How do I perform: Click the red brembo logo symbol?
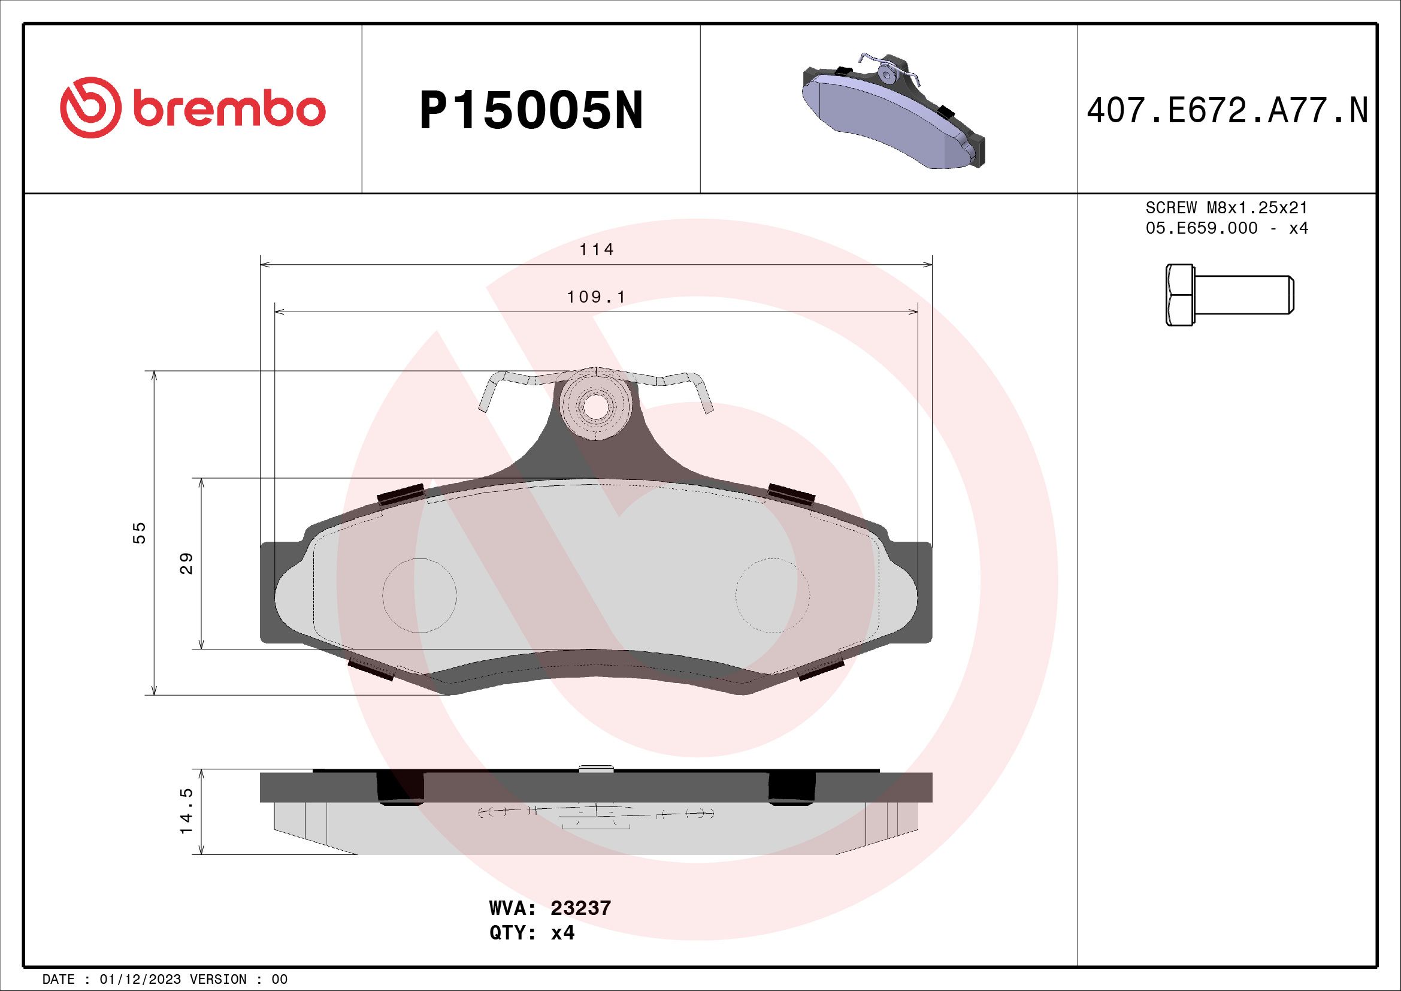[x=88, y=107]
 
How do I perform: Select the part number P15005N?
[x=531, y=111]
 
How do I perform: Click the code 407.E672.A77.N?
[x=1227, y=111]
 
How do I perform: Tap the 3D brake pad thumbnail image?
[x=892, y=112]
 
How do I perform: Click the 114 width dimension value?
[x=596, y=250]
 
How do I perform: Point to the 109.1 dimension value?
[x=596, y=297]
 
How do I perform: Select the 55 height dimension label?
[x=140, y=532]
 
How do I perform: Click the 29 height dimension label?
[x=187, y=563]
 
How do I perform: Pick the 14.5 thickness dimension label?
[x=187, y=811]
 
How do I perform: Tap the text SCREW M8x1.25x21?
[x=1227, y=208]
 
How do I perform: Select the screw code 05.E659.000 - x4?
[x=1227, y=228]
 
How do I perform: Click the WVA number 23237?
[x=580, y=908]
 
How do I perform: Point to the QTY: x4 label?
[x=531, y=933]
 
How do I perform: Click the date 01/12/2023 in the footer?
[x=140, y=980]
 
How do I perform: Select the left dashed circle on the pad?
[x=420, y=594]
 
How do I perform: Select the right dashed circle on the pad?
[x=773, y=594]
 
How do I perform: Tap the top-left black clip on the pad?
[x=401, y=494]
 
